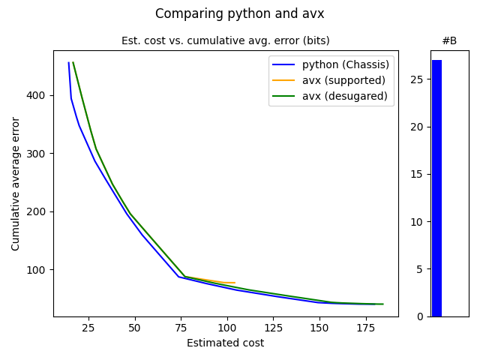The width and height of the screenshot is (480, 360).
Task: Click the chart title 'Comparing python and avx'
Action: pos(240,13)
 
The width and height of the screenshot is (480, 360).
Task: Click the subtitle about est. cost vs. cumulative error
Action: pos(226,40)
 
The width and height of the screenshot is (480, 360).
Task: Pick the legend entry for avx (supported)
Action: pos(343,80)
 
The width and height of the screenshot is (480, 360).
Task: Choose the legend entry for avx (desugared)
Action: pos(344,96)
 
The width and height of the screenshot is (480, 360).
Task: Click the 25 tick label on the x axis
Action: pos(88,328)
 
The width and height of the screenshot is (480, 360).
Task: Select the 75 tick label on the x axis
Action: pos(181,328)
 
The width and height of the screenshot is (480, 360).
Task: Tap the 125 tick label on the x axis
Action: pos(273,328)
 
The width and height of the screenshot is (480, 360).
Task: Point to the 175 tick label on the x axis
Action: pos(365,328)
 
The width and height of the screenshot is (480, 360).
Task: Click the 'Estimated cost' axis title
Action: pos(226,343)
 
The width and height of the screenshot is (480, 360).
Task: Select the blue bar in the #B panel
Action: pos(436,188)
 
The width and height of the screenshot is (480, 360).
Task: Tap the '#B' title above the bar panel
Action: pos(449,40)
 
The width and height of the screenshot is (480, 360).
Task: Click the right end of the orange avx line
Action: pos(235,283)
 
